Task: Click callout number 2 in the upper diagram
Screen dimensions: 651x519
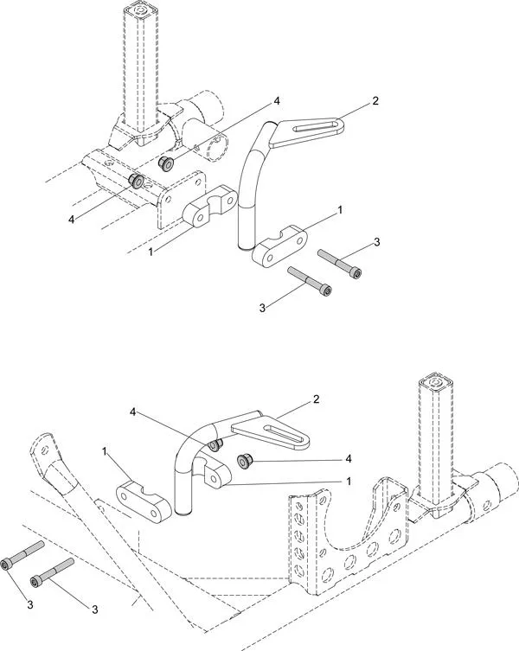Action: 375,101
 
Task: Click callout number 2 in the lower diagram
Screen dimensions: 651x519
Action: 317,400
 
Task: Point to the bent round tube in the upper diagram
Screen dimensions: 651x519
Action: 253,173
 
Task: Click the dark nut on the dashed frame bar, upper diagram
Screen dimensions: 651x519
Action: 136,180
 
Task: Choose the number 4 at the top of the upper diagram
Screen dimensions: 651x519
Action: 277,101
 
